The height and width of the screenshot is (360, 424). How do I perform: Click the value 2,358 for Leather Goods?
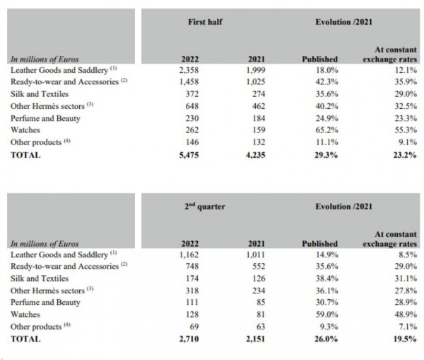(x=192, y=71)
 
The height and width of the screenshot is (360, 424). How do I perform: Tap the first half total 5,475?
(x=192, y=156)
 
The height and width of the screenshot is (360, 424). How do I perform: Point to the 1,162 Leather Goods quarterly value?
(x=192, y=255)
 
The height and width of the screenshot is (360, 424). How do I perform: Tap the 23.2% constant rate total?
(x=401, y=156)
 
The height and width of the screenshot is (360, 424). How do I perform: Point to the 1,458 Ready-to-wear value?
(x=192, y=83)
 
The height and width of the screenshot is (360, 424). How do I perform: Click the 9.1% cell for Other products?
(x=404, y=143)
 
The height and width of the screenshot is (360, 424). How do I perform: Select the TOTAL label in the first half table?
(x=25, y=156)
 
